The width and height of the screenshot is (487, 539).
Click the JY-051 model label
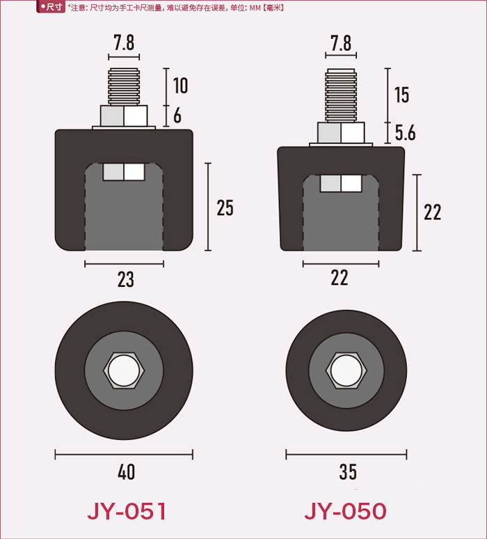(127, 511)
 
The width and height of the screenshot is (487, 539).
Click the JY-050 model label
(345, 511)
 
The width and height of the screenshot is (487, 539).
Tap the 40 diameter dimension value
(126, 472)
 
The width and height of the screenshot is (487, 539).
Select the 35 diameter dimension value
(348, 472)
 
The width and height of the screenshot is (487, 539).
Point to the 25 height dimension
(225, 208)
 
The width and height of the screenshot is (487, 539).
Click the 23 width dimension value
(126, 279)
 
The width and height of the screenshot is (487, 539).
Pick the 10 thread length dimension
(181, 86)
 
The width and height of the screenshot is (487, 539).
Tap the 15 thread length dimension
(402, 95)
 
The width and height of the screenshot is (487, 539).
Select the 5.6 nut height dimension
(405, 133)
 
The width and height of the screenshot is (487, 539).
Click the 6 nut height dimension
(177, 116)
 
